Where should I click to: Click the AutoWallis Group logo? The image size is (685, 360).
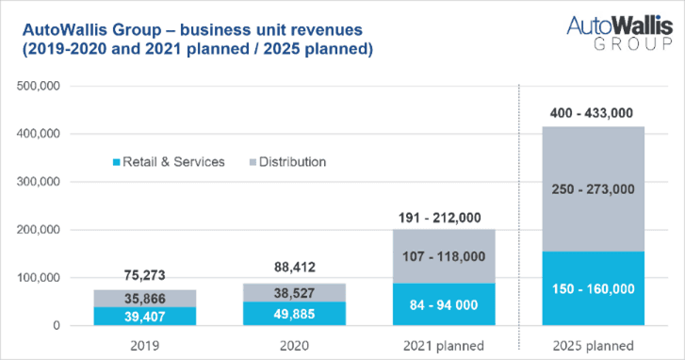(619, 33)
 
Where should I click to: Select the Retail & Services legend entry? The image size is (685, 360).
(169, 162)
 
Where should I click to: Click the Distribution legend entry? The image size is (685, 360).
(288, 162)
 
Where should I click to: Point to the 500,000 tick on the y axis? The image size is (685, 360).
(39, 86)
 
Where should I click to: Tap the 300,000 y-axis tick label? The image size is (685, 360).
(39, 182)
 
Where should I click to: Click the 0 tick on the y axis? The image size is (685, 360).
(57, 325)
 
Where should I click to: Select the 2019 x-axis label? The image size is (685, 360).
(144, 346)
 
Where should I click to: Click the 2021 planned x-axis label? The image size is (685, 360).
(444, 346)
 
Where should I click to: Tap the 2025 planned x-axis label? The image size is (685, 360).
(594, 346)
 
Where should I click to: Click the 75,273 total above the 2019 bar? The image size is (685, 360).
(144, 275)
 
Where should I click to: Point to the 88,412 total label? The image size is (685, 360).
(294, 267)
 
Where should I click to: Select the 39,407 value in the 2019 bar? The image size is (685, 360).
(144, 317)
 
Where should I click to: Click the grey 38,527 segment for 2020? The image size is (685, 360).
(294, 293)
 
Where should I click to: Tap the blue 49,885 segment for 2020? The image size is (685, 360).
(294, 314)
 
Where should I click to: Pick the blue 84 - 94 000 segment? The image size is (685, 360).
(444, 304)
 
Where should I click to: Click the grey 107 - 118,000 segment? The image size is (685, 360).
(444, 256)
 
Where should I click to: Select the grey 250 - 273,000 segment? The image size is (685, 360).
(594, 189)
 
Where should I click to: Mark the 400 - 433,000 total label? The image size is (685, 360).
(592, 113)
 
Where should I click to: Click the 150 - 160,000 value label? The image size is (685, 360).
(594, 288)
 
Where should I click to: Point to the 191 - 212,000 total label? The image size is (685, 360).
(439, 218)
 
